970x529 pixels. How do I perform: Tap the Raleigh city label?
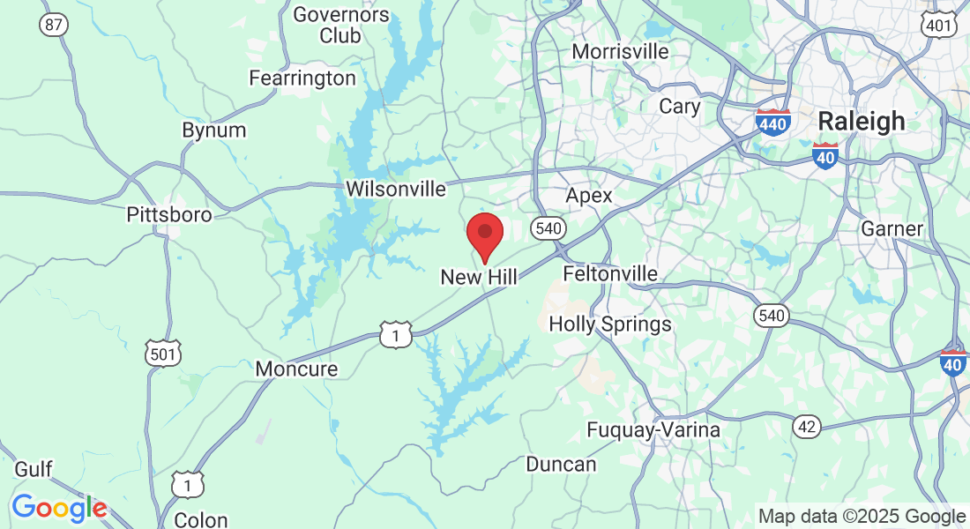point(862,121)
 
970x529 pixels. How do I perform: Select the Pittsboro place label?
point(168,215)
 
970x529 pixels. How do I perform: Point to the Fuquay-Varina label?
point(653,430)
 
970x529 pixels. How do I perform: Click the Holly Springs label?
point(610,324)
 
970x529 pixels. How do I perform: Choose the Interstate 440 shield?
point(772,123)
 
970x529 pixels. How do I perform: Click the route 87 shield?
point(53,25)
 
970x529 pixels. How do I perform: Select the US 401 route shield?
point(939,26)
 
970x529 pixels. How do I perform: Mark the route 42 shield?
point(806,427)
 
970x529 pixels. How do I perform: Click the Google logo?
point(59,508)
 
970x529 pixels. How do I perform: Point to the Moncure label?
point(296,369)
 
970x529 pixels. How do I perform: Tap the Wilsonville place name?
point(396,189)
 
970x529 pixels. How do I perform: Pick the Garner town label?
point(892,228)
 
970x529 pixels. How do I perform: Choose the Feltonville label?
point(610,273)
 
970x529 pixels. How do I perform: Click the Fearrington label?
point(302,78)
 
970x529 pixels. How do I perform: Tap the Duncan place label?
point(561,464)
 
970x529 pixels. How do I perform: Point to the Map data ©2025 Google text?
point(862,517)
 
